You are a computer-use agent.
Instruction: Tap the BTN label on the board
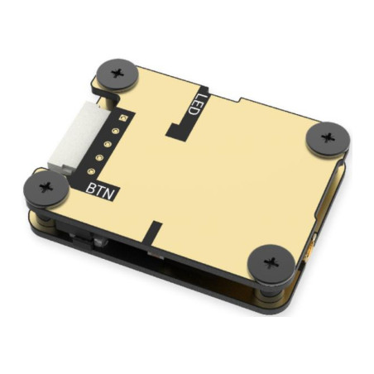click(x=101, y=189)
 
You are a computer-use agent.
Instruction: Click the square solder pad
click(x=121, y=120)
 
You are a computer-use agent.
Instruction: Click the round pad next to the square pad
click(x=114, y=131)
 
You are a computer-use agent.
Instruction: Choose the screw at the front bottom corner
click(x=270, y=262)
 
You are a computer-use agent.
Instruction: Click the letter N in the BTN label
click(x=112, y=193)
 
